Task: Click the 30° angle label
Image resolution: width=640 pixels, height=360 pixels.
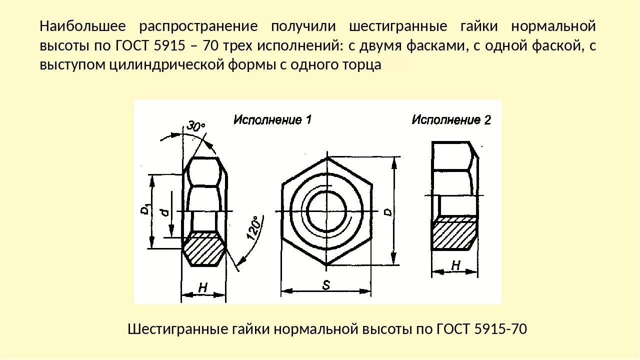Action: [196, 126]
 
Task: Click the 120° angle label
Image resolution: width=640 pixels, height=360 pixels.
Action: [253, 228]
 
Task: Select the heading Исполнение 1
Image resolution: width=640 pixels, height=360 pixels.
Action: [272, 120]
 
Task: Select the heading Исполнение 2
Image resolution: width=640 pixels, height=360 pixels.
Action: [451, 120]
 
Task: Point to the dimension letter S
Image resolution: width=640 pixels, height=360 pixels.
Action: [326, 285]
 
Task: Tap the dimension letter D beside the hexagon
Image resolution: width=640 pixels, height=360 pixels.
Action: [387, 211]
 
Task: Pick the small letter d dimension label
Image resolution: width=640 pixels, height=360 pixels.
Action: [164, 212]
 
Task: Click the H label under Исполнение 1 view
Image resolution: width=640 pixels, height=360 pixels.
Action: [202, 288]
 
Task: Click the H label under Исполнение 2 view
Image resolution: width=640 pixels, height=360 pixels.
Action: [455, 265]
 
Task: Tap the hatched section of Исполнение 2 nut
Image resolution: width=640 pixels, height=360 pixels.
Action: [454, 235]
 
